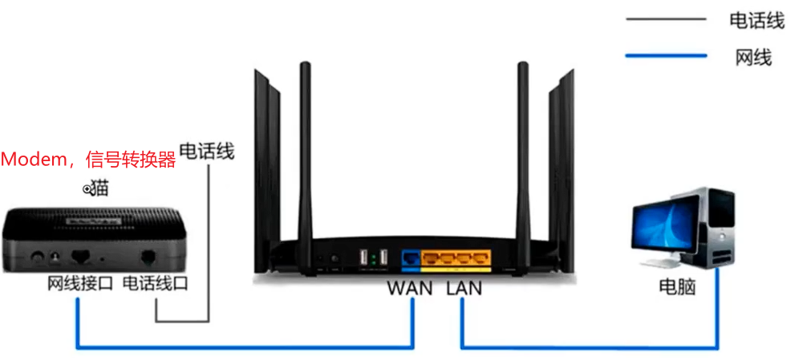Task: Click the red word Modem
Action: coord(36,160)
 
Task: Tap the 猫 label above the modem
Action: coord(99,189)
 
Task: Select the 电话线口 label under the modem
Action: coord(156,284)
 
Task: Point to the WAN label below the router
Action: coord(411,287)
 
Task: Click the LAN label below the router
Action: coord(464,287)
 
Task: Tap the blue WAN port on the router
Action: coord(411,258)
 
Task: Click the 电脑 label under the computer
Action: coord(678,286)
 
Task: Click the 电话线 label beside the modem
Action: coord(206,151)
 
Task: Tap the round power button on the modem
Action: coord(37,257)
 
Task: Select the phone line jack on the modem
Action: coord(149,257)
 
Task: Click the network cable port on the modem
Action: coord(80,257)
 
